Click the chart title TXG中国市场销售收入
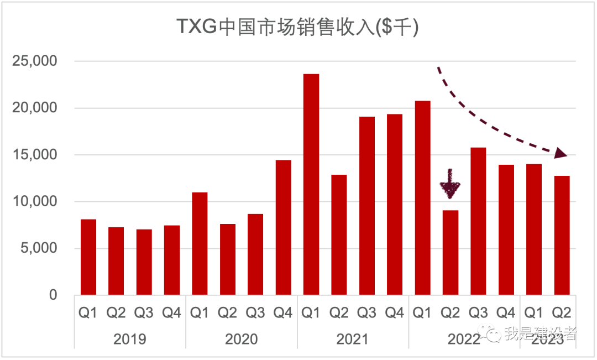coord(297,27)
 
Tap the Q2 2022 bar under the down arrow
coord(450,252)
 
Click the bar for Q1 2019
coord(88,257)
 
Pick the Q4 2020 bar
coord(283,227)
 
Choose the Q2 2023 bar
coord(562,235)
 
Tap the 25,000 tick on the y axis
coord(34,61)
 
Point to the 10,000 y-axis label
coord(34,202)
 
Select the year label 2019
coord(130,338)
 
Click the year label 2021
coord(353,338)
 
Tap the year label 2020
coord(241,338)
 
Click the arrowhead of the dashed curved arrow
coord(561,153)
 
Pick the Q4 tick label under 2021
coord(394,313)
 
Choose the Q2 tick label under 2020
coord(227,313)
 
